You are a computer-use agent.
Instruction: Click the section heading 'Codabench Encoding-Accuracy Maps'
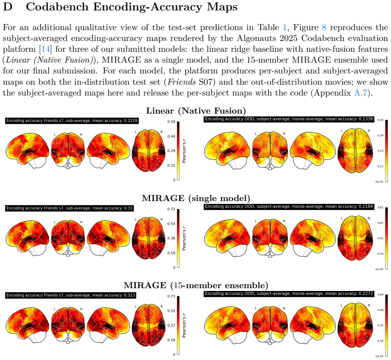[132, 7]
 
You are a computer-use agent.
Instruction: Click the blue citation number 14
[45, 49]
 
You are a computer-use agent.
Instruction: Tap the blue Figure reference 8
[324, 27]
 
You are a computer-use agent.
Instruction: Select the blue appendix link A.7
[360, 93]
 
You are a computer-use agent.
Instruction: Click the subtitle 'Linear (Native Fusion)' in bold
[196, 111]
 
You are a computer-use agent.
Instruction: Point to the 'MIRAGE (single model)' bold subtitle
[196, 198]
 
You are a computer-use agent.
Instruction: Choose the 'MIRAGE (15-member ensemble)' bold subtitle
[196, 285]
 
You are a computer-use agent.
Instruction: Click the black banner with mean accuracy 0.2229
[72, 121]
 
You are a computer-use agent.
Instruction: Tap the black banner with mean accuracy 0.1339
[289, 119]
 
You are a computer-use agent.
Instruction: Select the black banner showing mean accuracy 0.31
[69, 208]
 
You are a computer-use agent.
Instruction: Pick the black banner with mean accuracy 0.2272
[289, 294]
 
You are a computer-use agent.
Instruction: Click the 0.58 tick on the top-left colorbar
[171, 122]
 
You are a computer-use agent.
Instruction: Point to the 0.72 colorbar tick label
[171, 209]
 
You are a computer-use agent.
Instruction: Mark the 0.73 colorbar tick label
[171, 296]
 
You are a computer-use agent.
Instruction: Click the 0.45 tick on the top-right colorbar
[380, 120]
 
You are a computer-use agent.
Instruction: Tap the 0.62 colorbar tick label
[380, 207]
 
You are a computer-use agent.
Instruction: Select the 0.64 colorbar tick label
[380, 295]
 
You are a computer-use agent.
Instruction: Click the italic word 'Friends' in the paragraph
[181, 82]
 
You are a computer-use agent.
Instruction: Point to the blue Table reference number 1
[285, 27]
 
